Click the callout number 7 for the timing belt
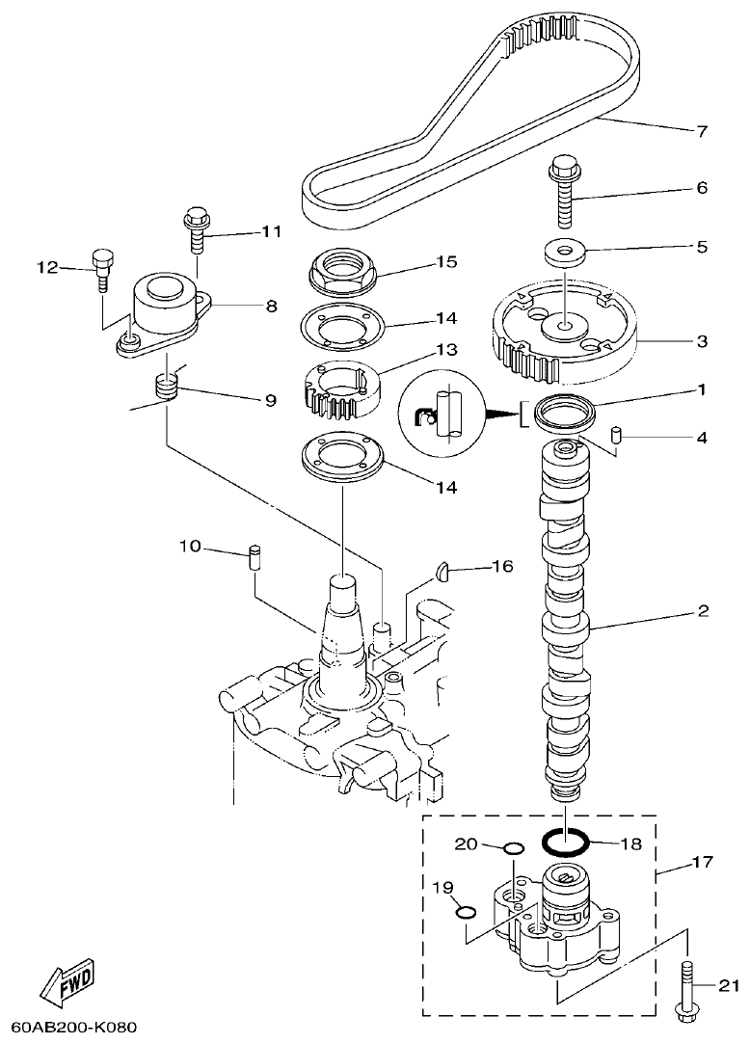702,130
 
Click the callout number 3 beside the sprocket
702,340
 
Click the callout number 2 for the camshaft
702,610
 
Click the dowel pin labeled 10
254,557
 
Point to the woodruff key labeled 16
442,571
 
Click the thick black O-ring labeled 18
565,843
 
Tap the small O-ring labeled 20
514,848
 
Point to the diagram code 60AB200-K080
75,1028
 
